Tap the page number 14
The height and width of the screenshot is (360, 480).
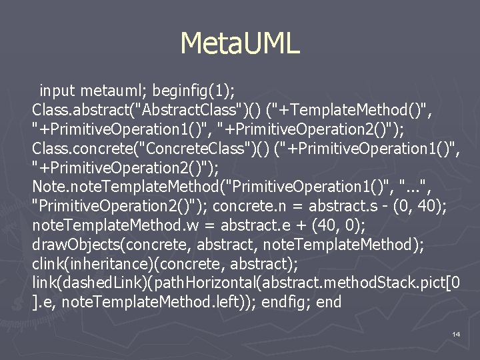[456, 333]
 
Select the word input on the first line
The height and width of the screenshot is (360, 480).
[58, 89]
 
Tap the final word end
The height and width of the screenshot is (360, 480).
[329, 302]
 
